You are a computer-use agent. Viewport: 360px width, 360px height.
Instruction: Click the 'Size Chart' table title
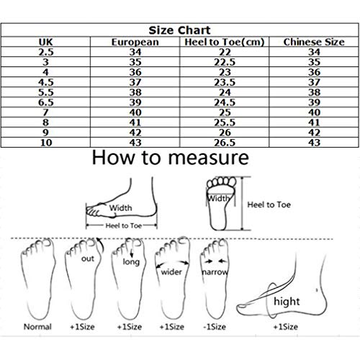(x=179, y=30)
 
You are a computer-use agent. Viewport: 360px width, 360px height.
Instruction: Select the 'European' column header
(x=135, y=42)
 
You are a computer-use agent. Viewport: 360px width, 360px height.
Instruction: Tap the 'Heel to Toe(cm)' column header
(x=225, y=42)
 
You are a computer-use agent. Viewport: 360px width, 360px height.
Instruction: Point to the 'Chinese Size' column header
(x=314, y=42)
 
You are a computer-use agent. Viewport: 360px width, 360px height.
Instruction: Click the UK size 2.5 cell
(x=46, y=52)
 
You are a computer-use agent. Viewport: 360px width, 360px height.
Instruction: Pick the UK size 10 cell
(x=46, y=143)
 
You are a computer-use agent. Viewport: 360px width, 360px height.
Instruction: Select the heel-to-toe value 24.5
(x=225, y=102)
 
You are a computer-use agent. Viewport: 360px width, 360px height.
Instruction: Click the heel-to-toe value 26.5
(x=225, y=143)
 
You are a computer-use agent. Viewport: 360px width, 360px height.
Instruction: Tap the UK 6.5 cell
(x=46, y=102)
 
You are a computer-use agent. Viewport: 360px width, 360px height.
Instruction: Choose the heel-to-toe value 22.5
(x=225, y=62)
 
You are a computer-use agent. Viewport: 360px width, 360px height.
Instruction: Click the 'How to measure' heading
(x=171, y=158)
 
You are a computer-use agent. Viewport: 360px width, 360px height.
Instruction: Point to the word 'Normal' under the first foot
(x=37, y=327)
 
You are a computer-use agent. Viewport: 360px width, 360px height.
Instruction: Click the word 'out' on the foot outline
(x=88, y=258)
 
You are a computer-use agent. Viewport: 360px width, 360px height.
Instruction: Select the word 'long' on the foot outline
(x=131, y=262)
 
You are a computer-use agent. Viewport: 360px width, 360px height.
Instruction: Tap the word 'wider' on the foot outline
(x=171, y=272)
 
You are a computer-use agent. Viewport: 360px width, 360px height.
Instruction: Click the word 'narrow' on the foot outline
(x=215, y=272)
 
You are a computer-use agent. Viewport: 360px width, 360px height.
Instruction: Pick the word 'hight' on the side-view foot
(x=287, y=302)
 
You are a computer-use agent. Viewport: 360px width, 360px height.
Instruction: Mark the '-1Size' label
(x=215, y=327)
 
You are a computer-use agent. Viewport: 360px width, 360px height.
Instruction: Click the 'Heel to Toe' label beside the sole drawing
(x=269, y=204)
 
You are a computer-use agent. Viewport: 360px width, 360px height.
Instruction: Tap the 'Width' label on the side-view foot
(x=121, y=208)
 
